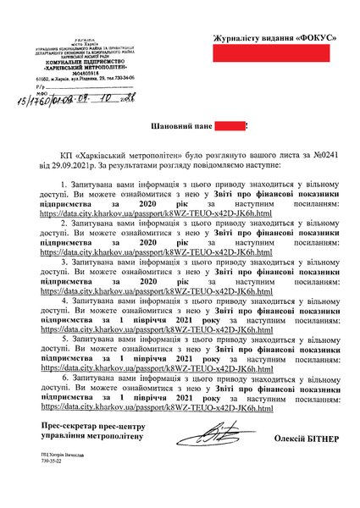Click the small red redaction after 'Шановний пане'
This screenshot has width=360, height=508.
[x=229, y=127]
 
